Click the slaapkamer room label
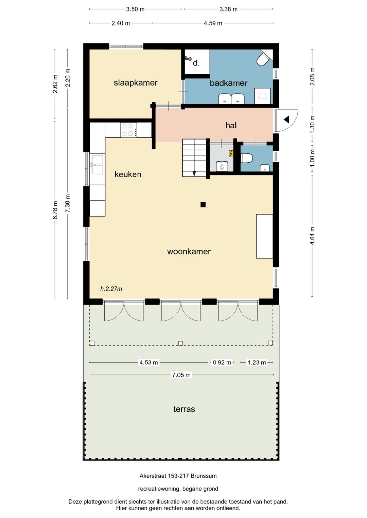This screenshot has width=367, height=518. (135, 83)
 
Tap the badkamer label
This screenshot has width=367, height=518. (228, 83)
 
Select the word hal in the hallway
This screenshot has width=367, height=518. (231, 126)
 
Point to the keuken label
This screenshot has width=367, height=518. (128, 174)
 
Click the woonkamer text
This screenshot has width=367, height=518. (189, 252)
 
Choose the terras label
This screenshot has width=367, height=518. (184, 409)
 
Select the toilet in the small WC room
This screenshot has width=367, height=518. (247, 158)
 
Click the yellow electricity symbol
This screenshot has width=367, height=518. (231, 154)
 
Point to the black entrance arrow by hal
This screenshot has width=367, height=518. (286, 119)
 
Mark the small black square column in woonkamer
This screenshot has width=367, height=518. (203, 204)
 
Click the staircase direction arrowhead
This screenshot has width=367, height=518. (194, 174)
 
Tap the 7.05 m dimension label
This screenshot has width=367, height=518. (181, 375)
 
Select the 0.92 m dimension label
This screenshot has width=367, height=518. (222, 363)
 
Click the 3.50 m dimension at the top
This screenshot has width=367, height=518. (135, 9)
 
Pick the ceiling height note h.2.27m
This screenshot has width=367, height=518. (111, 289)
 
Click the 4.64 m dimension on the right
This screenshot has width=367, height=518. (312, 236)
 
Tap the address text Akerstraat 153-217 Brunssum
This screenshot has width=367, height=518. (178, 476)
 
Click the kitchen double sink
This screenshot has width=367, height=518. (97, 165)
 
